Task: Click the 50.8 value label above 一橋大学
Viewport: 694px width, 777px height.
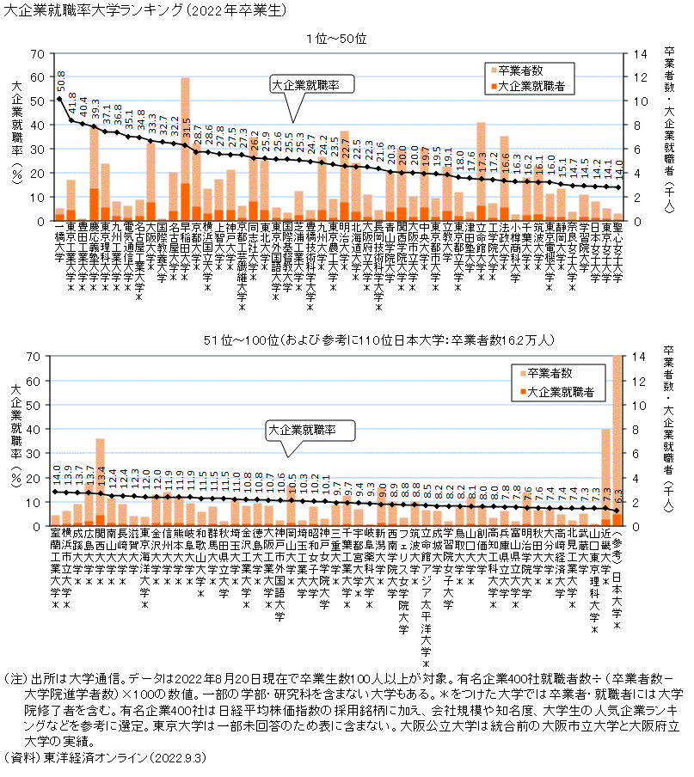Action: pyautogui.click(x=60, y=84)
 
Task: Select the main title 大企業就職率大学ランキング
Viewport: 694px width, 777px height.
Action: pyautogui.click(x=93, y=9)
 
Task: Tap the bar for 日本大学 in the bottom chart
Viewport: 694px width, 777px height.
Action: pyautogui.click(x=617, y=438)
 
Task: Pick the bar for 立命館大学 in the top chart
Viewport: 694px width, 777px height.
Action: pyautogui.click(x=482, y=172)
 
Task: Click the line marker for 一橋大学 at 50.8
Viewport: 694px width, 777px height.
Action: pyautogui.click(x=59, y=99)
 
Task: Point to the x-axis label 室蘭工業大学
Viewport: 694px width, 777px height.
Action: pyautogui.click(x=56, y=567)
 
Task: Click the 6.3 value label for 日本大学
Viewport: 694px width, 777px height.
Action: pyautogui.click(x=617, y=496)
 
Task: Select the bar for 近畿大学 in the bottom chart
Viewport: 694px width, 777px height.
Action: pyautogui.click(x=605, y=477)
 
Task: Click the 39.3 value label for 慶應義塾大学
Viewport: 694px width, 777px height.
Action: pyautogui.click(x=95, y=110)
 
